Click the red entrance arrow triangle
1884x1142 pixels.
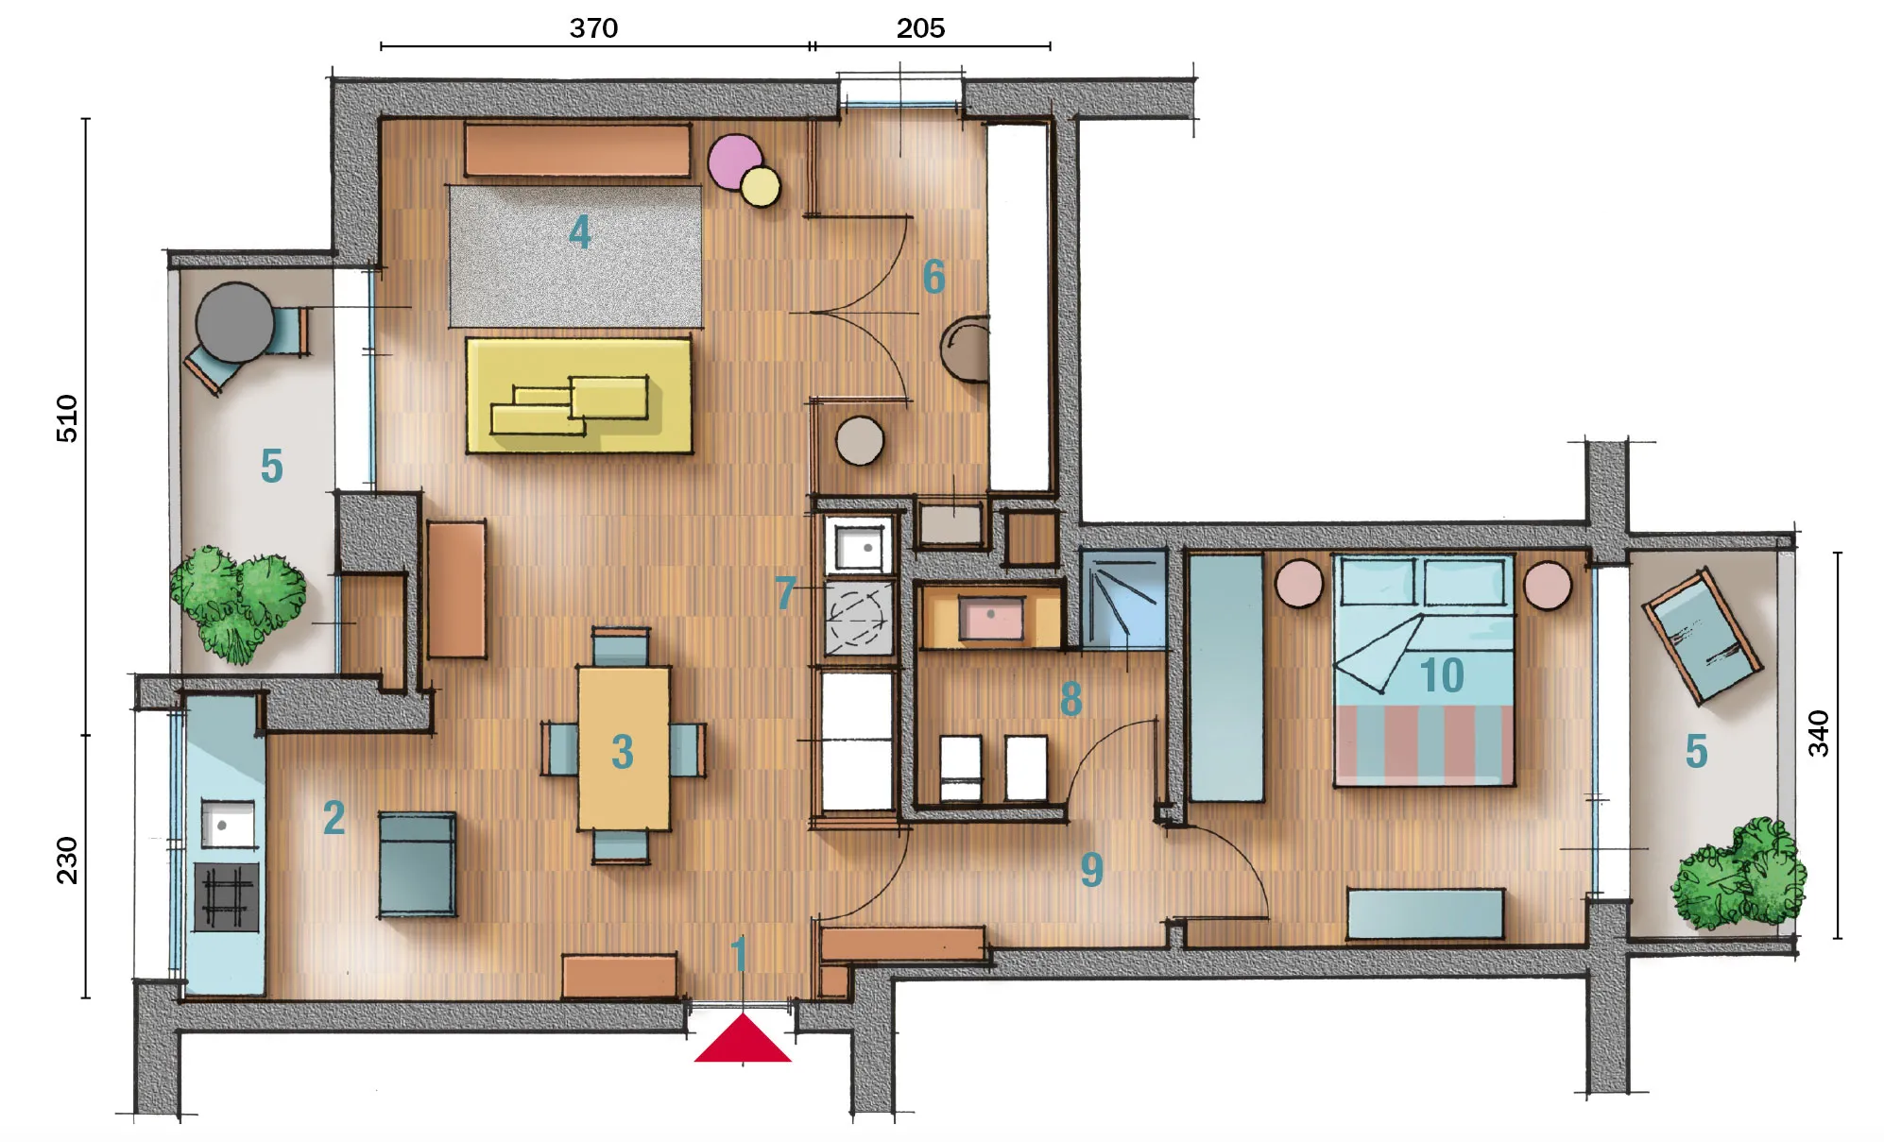743,1039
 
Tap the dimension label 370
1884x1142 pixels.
593,28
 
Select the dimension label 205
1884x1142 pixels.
920,28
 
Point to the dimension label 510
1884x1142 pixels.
67,418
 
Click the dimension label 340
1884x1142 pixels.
1818,734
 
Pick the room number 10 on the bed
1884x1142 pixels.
1442,675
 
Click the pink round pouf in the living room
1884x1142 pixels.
735,162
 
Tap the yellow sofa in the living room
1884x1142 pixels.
579,396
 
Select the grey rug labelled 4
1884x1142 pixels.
575,256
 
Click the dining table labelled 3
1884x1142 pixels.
624,748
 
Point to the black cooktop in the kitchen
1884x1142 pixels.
227,896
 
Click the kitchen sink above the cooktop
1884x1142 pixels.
227,825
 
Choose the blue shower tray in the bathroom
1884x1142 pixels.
1123,599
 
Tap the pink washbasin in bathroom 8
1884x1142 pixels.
991,618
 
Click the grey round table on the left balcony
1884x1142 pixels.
234,322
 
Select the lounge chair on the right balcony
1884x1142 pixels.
1702,635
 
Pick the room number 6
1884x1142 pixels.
933,277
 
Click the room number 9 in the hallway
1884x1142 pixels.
1092,870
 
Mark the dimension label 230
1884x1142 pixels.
67,860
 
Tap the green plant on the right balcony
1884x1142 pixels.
1738,874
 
